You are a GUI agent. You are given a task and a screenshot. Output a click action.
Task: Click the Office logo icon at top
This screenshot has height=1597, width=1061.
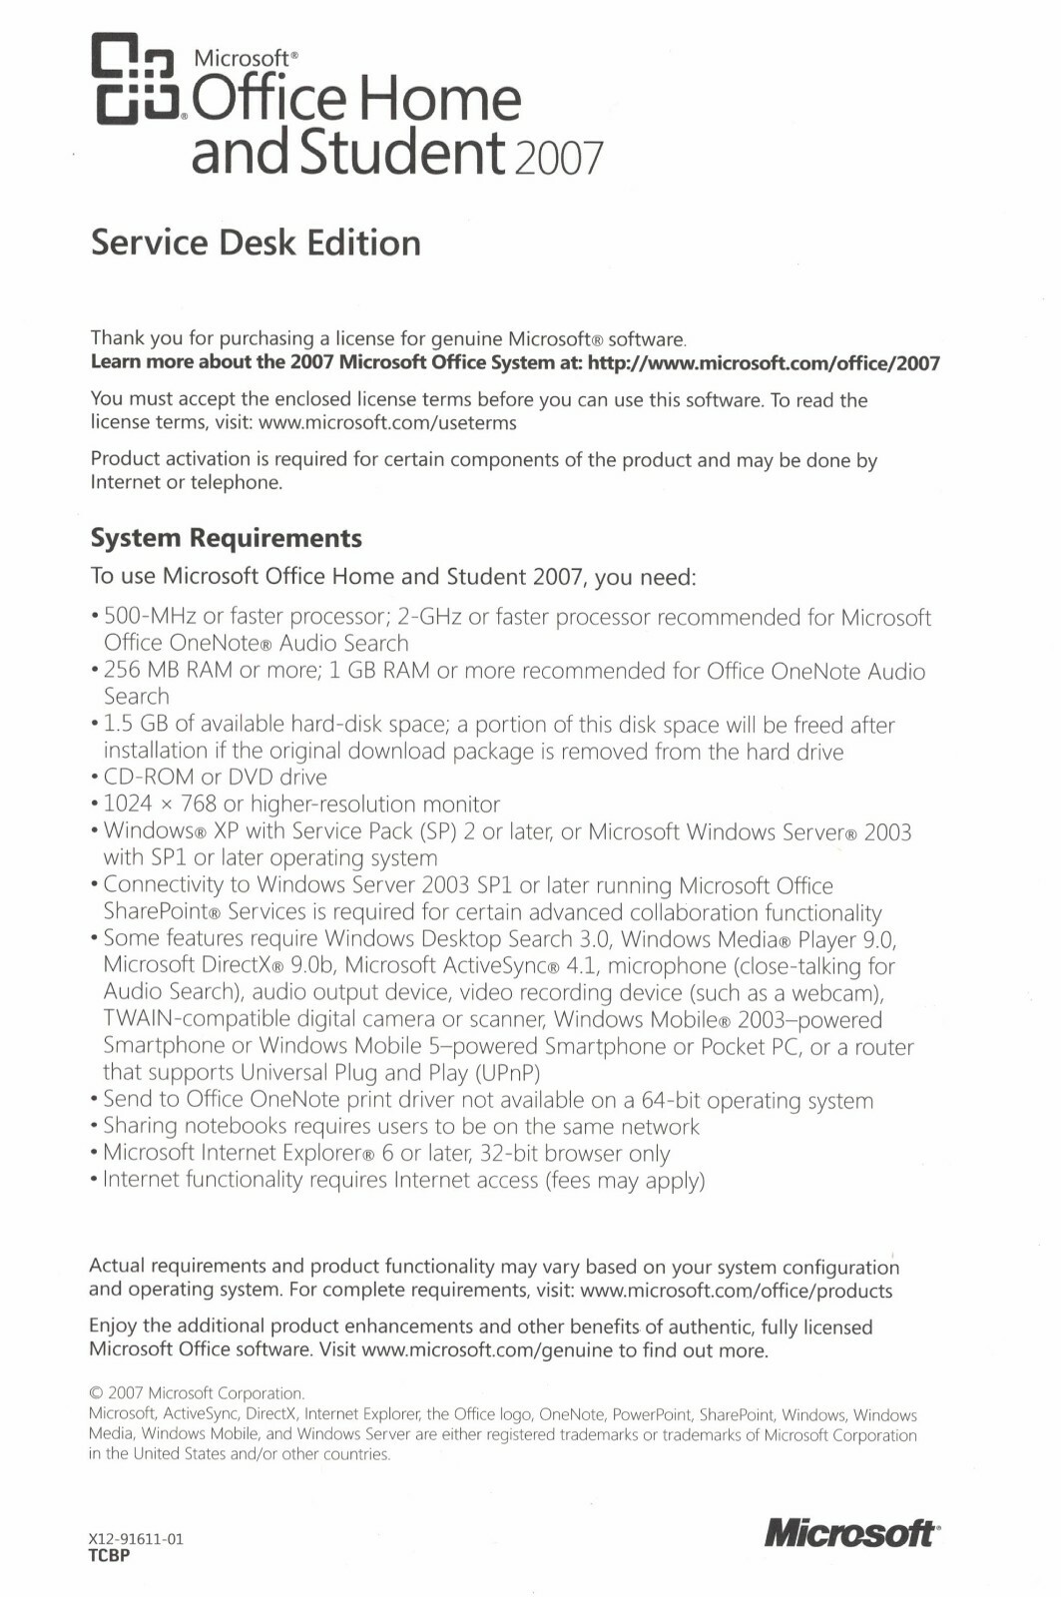[136, 79]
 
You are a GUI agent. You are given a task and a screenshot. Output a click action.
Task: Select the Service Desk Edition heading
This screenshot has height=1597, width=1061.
[256, 244]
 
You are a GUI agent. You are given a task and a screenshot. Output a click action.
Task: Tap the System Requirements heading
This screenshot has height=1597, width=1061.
[227, 538]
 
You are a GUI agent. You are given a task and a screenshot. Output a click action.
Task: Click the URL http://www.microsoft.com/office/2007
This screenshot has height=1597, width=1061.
[764, 363]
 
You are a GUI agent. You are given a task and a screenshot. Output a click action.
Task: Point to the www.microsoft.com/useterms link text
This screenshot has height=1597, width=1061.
[387, 423]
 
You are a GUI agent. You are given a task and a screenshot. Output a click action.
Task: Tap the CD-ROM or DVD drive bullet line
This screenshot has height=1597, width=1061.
[216, 778]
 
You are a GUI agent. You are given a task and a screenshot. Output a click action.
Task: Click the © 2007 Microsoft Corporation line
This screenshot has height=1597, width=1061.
[197, 1393]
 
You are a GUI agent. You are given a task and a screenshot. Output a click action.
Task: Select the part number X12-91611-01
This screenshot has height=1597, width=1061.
[136, 1539]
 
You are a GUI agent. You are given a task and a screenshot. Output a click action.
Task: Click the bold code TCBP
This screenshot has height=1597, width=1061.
[109, 1555]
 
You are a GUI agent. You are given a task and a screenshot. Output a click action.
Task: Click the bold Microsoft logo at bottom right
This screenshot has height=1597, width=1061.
[850, 1533]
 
